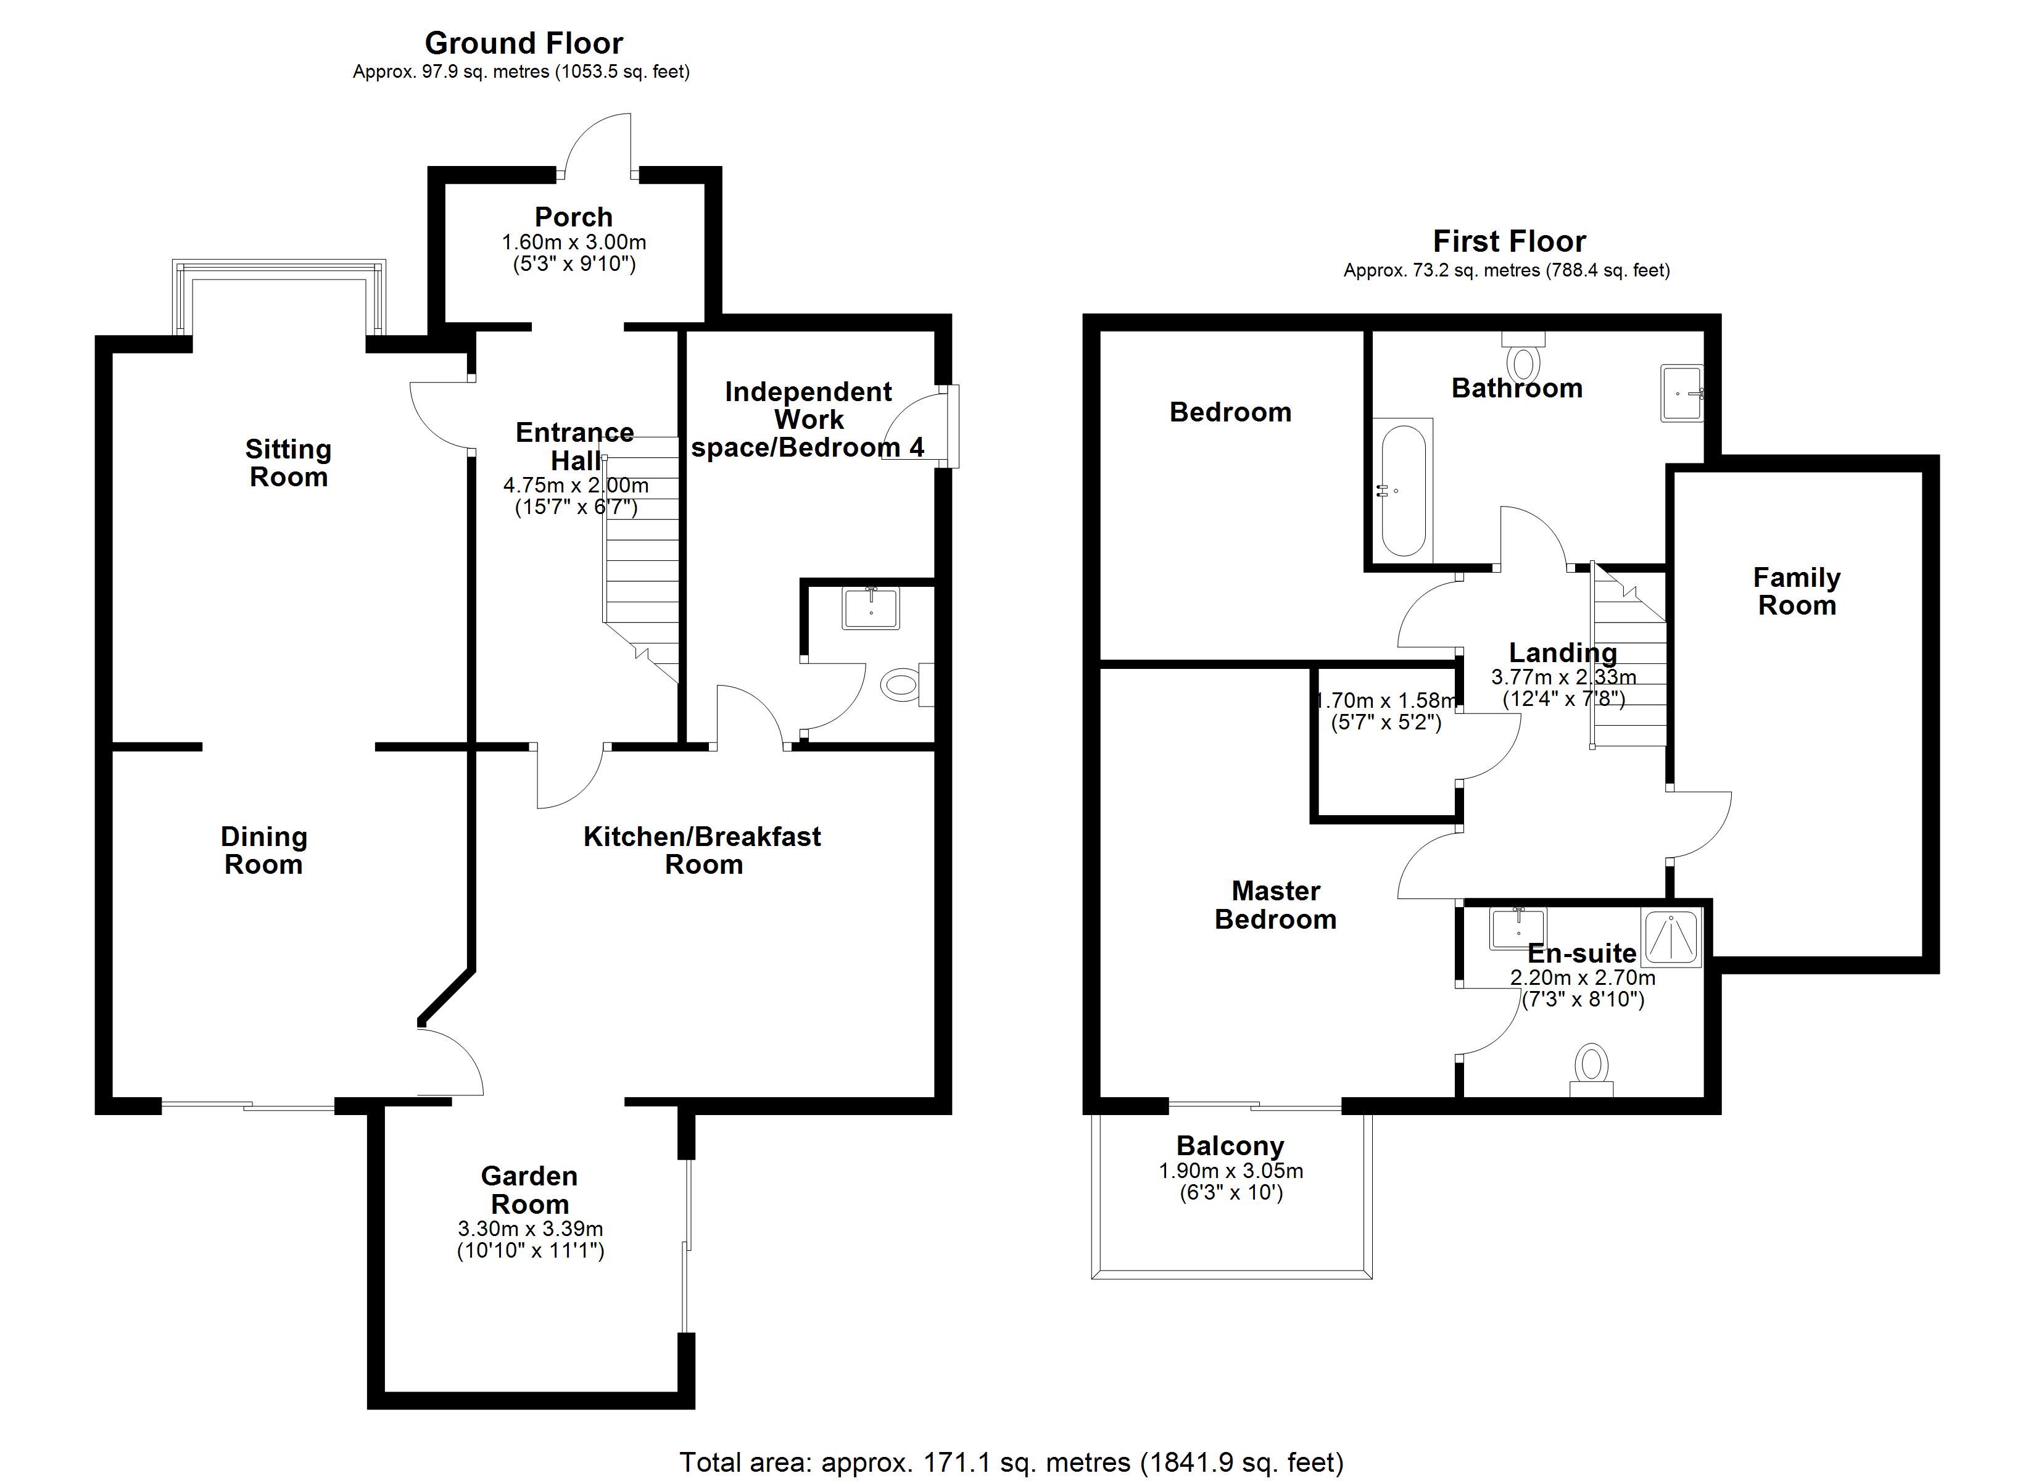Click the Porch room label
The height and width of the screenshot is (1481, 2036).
574,217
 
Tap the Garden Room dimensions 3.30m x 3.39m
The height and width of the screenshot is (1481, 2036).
531,1229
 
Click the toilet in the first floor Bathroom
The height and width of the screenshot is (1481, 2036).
1523,357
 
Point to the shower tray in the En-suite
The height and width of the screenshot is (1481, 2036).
1671,939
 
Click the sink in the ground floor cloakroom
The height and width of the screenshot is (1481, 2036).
871,607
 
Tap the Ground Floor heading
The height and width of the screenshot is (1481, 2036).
524,43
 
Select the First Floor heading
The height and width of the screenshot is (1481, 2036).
1509,242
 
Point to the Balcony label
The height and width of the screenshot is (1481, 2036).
1230,1146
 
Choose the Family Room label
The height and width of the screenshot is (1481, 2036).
1797,591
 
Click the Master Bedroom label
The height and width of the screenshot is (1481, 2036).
1276,905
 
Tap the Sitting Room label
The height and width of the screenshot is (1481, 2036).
288,463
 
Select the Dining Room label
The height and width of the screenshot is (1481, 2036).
264,850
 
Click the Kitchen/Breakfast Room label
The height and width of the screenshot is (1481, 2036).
702,850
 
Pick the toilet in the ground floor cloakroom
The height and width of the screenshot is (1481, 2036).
907,685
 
